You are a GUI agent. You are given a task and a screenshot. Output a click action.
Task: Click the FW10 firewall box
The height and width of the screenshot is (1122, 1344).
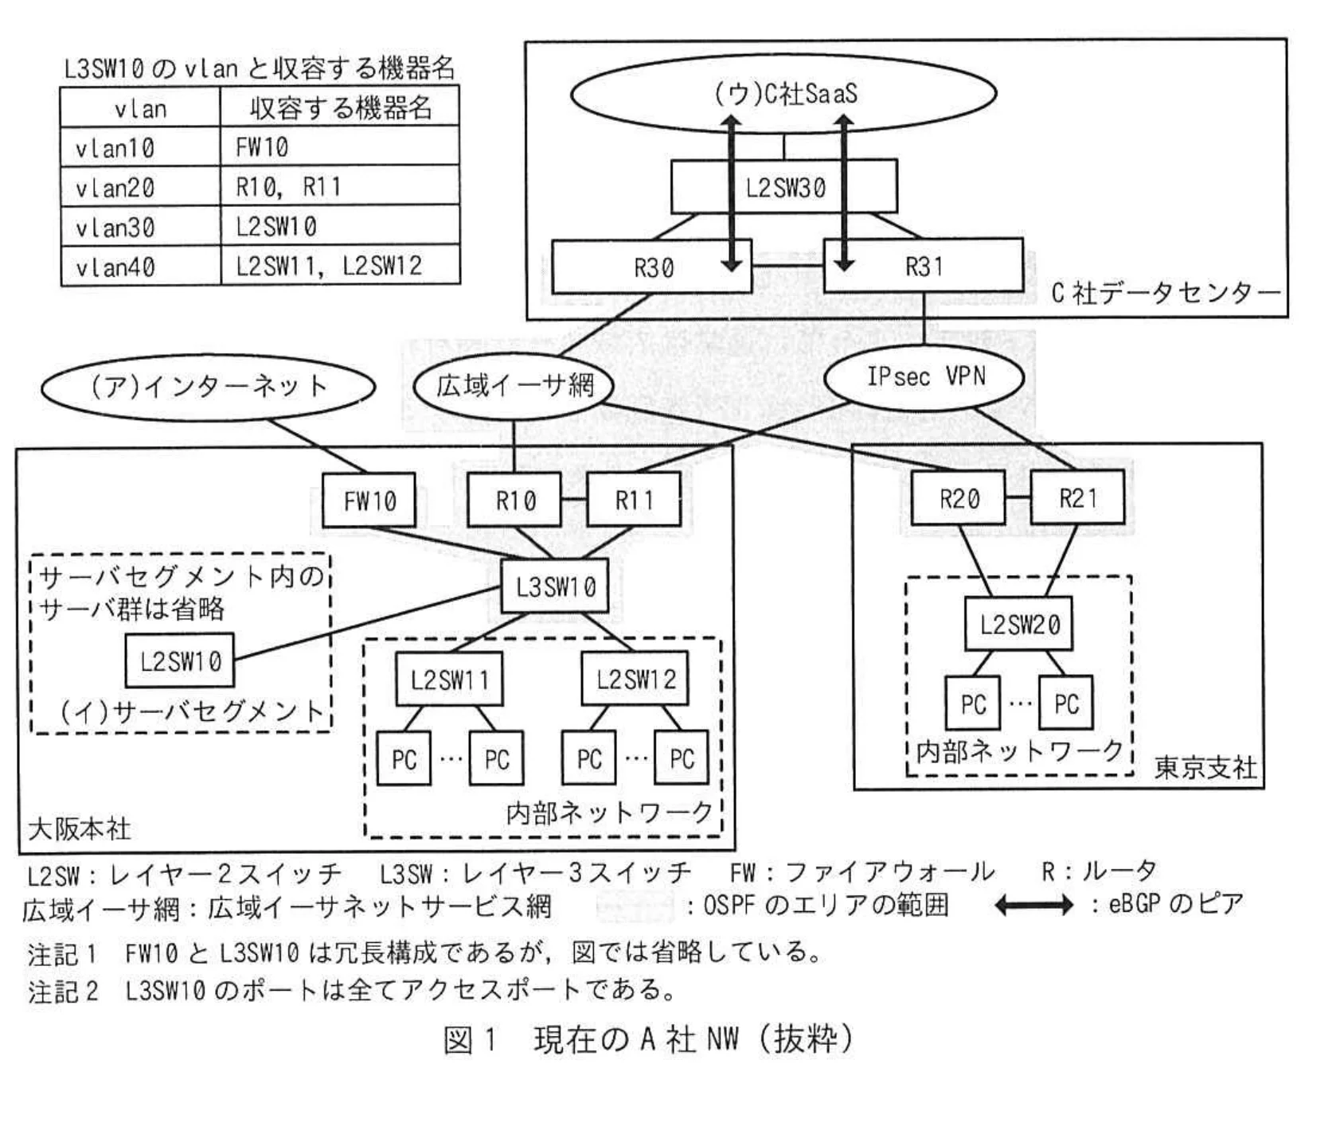(x=369, y=501)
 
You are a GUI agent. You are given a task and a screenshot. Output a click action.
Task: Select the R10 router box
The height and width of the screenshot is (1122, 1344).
(x=514, y=501)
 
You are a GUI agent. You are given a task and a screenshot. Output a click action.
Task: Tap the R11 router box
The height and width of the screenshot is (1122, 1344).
(x=634, y=501)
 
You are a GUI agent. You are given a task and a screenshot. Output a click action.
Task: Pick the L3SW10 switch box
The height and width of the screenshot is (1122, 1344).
(x=555, y=587)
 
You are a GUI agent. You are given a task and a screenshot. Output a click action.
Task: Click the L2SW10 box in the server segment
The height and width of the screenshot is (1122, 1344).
(x=180, y=660)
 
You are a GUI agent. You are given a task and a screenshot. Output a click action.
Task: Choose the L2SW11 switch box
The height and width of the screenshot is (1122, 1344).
(x=449, y=680)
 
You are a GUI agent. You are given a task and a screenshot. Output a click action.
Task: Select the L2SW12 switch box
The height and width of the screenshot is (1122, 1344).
(x=635, y=679)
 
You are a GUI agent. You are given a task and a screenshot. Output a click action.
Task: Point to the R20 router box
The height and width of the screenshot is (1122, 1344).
(x=958, y=498)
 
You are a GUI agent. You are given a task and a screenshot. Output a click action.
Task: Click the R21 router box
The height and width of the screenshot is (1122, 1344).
(x=1077, y=498)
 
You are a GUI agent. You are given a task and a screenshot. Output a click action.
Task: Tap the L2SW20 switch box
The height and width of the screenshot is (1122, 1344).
(x=1018, y=625)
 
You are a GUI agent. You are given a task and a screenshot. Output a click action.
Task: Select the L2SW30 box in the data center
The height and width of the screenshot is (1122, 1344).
(x=784, y=188)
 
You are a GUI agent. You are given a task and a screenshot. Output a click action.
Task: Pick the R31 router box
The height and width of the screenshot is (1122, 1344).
(x=924, y=266)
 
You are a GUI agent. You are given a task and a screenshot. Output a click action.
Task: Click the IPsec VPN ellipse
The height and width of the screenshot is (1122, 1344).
(x=924, y=377)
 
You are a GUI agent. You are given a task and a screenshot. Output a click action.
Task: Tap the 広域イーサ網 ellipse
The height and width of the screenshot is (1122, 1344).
(x=514, y=386)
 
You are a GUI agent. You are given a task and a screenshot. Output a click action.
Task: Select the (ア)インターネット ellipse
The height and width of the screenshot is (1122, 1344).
(x=208, y=387)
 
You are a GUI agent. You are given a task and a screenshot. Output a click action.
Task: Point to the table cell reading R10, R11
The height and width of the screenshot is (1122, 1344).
(x=339, y=187)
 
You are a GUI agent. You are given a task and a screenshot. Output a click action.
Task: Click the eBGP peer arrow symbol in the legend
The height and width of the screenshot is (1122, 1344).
(x=1033, y=905)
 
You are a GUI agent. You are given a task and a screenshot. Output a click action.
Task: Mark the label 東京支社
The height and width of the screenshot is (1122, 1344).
(x=1205, y=767)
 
